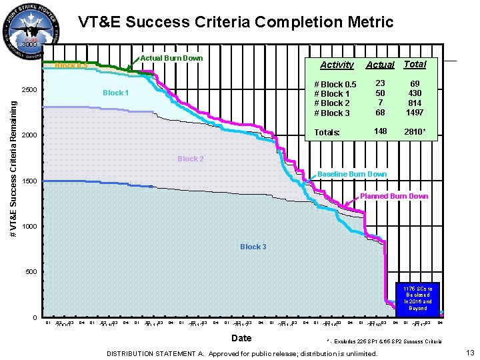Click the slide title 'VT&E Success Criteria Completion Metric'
(235, 22)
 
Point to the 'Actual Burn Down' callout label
(171, 58)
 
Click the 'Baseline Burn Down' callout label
(352, 174)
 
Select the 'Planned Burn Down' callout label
(394, 196)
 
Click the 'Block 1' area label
(115, 93)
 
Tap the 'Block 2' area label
(191, 159)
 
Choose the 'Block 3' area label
(253, 247)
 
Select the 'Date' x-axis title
(242, 339)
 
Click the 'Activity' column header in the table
(337, 65)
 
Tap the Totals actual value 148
(380, 131)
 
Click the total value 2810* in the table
(415, 132)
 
